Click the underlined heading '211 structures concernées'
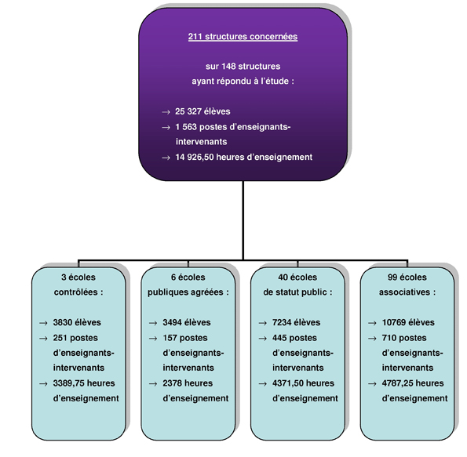click(x=243, y=37)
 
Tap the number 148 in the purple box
click(x=228, y=66)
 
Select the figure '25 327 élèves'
click(x=202, y=111)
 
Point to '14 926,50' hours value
click(x=195, y=157)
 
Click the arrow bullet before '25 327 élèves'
click(x=166, y=112)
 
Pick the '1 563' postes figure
click(x=186, y=127)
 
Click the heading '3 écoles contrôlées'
click(x=78, y=285)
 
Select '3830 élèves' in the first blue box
click(x=77, y=322)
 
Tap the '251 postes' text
click(x=75, y=338)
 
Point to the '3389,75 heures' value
click(x=84, y=383)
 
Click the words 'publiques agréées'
click(x=185, y=292)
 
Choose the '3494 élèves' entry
click(x=187, y=322)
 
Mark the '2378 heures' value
click(x=188, y=383)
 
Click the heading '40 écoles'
click(x=297, y=277)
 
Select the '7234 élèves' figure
click(x=296, y=322)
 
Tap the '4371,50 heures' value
click(x=303, y=383)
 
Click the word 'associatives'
click(x=404, y=292)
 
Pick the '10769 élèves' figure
click(x=408, y=322)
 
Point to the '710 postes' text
click(x=404, y=338)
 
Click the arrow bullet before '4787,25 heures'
click(x=372, y=384)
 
